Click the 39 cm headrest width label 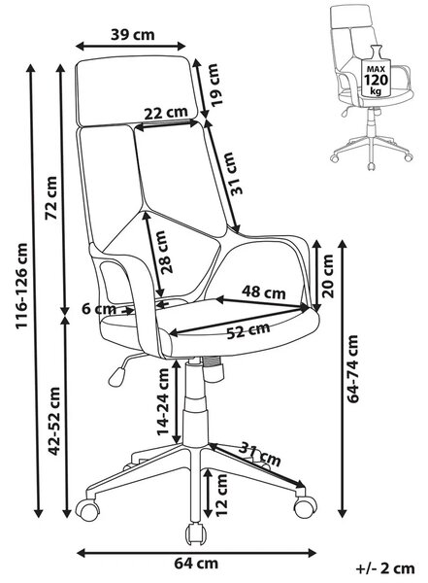[x=132, y=35]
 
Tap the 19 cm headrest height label [x=214, y=86]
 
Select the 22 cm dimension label [x=166, y=113]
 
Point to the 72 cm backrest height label [x=51, y=198]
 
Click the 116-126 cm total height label [x=21, y=286]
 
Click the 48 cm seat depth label [x=264, y=292]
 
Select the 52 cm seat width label [x=248, y=330]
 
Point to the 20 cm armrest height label [x=327, y=276]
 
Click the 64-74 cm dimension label [x=352, y=369]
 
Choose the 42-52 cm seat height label [x=54, y=421]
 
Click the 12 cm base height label [x=221, y=495]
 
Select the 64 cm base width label [x=196, y=564]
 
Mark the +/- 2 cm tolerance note [x=385, y=568]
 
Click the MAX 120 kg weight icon [x=376, y=73]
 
